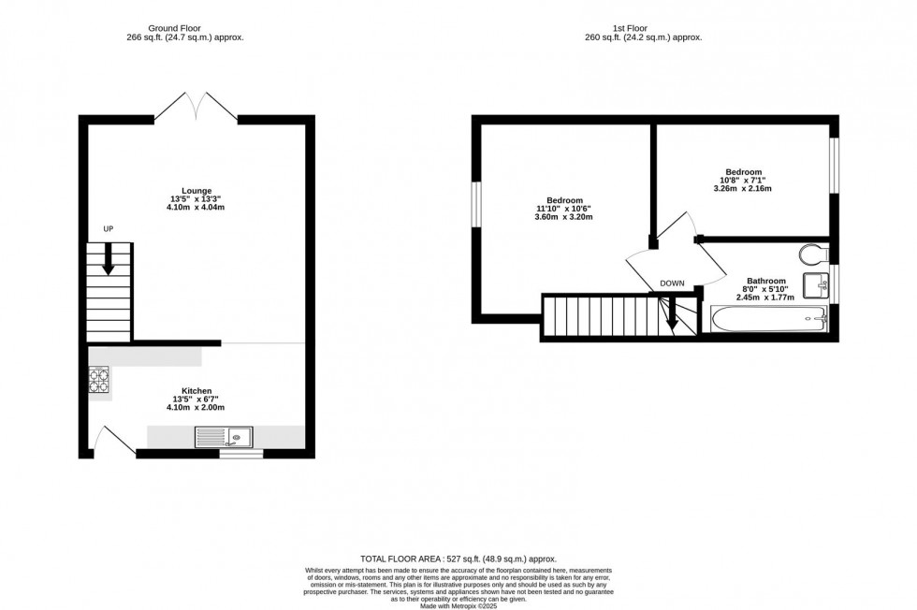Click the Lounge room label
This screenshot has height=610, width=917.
(196, 190)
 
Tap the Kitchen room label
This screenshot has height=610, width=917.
(196, 390)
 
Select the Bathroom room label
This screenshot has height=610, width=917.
(765, 281)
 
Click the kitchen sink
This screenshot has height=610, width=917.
(224, 435)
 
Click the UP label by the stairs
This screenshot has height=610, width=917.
(109, 229)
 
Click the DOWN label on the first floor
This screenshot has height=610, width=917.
(672, 283)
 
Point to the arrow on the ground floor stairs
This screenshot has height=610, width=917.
(109, 259)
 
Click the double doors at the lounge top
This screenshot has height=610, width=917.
(196, 108)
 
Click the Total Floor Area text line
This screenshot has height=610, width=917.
(458, 558)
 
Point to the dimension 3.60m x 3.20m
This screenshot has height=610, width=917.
(564, 217)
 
